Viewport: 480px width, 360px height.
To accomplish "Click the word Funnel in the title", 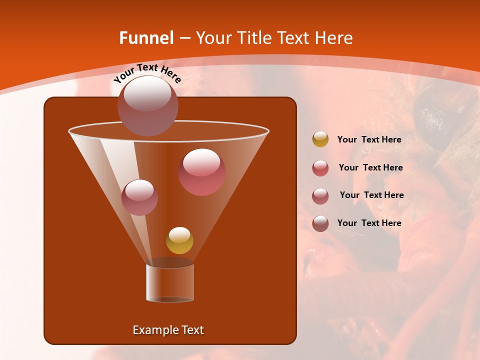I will coord(146,38).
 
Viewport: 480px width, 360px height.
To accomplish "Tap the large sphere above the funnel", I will coord(147,105).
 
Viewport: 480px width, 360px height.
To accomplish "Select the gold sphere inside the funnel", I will coord(179,240).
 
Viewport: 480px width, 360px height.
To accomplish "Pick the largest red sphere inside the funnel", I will coord(202,172).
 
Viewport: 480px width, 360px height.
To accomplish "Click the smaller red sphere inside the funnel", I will coord(140,197).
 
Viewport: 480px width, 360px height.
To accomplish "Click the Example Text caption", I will coord(168,330).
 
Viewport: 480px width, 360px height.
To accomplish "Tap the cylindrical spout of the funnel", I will coord(170,282).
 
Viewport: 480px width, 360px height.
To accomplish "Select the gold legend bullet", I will coord(320,139).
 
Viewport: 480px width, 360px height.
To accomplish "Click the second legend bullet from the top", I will coord(320,168).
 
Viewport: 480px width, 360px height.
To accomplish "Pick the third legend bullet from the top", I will coord(320,195).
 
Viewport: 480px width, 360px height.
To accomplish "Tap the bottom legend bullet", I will coord(320,223).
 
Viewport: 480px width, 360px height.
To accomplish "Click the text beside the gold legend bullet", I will coord(369,140).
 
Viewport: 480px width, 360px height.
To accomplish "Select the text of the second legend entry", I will coord(370,168).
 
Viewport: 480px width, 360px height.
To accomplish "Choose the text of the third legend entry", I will coord(371,195).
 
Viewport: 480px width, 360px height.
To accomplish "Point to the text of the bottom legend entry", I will coord(369,223).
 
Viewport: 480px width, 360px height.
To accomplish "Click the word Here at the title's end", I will coord(334,38).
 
